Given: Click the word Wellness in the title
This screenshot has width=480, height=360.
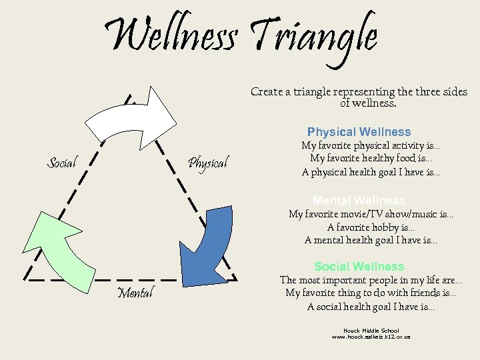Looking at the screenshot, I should pos(170,37).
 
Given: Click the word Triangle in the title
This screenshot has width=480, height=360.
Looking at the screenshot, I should pos(313,37).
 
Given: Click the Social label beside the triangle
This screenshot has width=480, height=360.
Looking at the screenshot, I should pos(62,162).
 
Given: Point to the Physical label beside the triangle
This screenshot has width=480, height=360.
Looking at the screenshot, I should pos(207,162).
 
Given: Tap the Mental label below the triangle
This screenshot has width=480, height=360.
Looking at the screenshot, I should pos(135,292).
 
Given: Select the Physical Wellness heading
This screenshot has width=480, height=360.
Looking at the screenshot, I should pos(359,132).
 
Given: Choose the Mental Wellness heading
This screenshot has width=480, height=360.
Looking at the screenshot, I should pos(359,201).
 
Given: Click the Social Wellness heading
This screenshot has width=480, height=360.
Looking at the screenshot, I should pos(359,267).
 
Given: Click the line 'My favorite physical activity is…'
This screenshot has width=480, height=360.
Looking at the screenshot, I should pos(371,145).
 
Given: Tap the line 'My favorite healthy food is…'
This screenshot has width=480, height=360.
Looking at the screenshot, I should pos(371,159).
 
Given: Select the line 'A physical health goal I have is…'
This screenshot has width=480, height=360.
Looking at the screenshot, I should pos(371,172).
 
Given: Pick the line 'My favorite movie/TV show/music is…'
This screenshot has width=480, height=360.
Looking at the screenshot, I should pos(371,214).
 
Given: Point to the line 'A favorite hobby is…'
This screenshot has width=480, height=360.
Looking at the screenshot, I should pos(371,227).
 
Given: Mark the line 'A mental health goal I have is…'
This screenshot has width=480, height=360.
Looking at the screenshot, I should pos(371,241).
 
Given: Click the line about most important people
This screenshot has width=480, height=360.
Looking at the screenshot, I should pos(371,280).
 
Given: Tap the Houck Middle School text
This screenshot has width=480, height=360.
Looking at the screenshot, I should pos(371,331).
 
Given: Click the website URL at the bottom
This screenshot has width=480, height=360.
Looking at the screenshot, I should pos(371,337).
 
